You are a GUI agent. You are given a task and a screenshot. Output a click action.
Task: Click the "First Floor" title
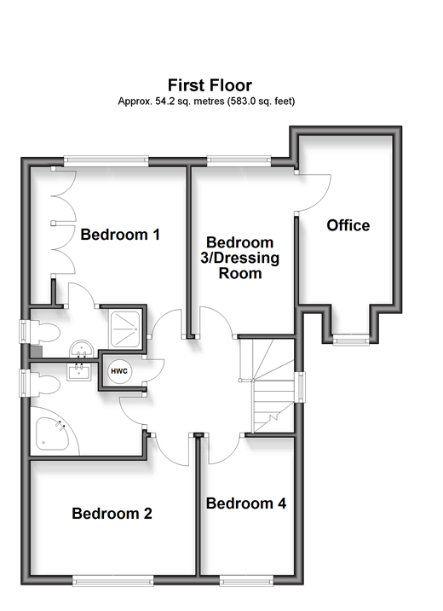(x=210, y=85)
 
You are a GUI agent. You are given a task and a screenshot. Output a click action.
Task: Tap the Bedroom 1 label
(x=120, y=235)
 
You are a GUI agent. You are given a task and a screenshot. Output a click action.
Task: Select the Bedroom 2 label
(x=112, y=514)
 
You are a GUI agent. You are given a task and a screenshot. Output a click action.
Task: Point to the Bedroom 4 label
(x=246, y=503)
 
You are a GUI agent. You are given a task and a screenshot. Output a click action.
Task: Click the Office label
(x=348, y=225)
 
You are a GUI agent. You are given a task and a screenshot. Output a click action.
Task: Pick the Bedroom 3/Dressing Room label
(x=240, y=258)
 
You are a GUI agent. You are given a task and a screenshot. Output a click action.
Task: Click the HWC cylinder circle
(x=119, y=371)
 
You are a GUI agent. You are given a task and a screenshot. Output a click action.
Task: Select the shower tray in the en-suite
(x=125, y=329)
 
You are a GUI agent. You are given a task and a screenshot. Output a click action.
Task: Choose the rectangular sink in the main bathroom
(x=79, y=372)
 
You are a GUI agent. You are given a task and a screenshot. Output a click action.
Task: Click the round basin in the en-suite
(x=81, y=349)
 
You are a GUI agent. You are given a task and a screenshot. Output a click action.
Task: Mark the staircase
(x=267, y=386)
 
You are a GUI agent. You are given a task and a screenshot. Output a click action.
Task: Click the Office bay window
(x=351, y=340)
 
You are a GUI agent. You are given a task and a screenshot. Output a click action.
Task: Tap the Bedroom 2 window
(x=113, y=581)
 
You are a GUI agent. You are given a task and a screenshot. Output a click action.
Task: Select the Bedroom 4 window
(x=246, y=581)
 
